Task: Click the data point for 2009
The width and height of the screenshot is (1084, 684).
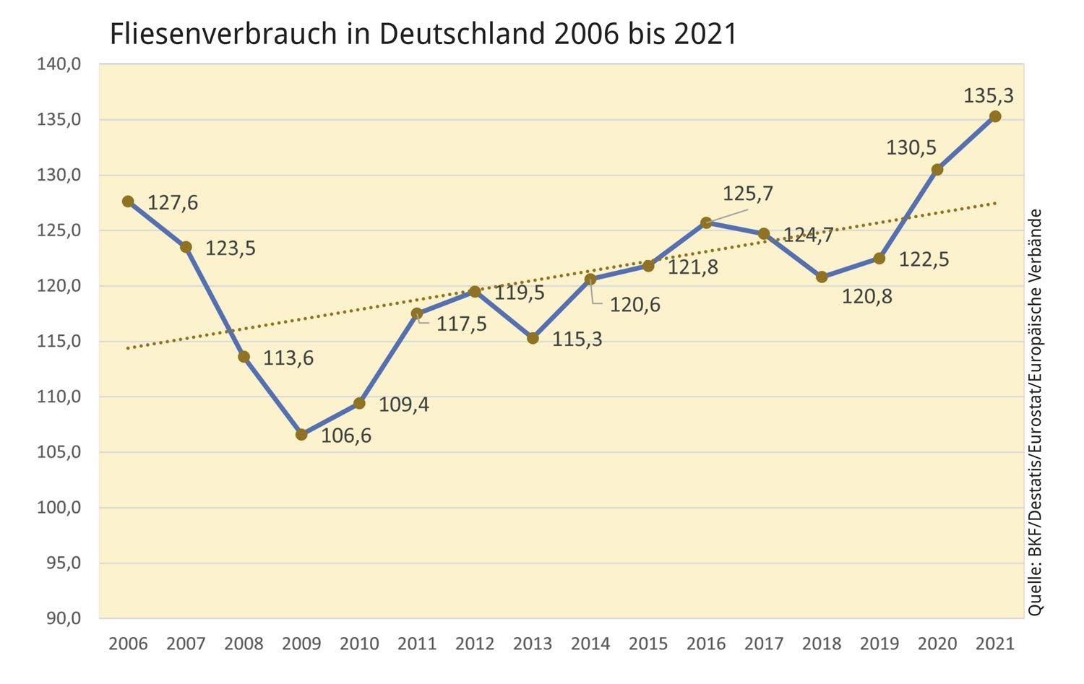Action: [x=301, y=435]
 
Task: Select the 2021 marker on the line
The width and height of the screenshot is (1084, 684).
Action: [x=995, y=116]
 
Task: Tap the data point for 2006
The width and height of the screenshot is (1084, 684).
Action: [x=128, y=202]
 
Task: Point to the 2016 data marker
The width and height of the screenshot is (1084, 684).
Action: [x=706, y=222]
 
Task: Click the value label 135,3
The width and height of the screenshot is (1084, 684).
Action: [x=989, y=95]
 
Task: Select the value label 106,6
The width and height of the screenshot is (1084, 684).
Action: [x=346, y=436]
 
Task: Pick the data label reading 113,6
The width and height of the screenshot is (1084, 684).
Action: [x=288, y=358]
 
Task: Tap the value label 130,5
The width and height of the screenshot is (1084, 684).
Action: [x=911, y=148]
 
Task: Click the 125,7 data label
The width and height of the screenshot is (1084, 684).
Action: [x=748, y=194]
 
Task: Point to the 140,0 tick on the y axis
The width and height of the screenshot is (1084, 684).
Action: [x=59, y=64]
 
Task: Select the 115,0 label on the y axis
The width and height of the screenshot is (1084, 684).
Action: [x=59, y=342]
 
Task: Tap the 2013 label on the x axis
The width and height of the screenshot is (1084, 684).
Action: [x=533, y=644]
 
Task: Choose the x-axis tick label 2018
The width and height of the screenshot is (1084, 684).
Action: [x=822, y=644]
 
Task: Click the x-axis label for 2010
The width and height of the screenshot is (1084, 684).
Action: [x=359, y=644]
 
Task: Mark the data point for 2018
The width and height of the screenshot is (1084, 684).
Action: [x=822, y=277]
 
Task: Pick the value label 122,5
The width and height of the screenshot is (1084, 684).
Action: [x=924, y=259]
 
